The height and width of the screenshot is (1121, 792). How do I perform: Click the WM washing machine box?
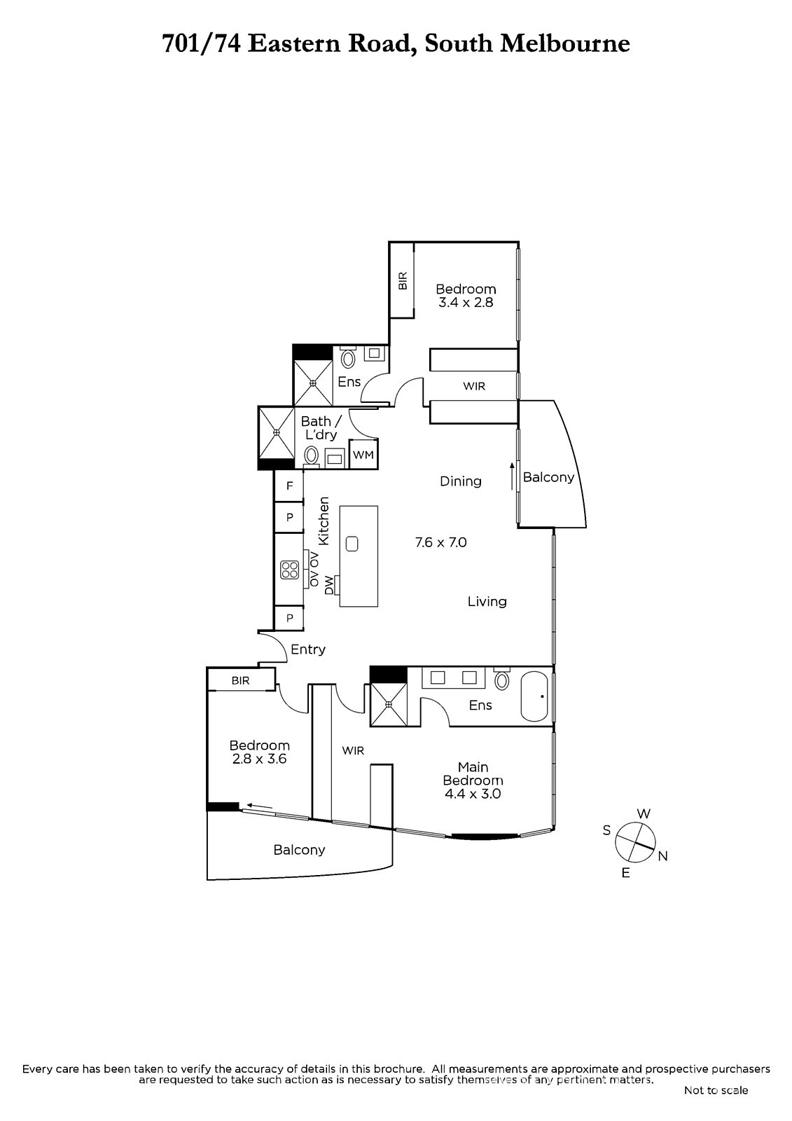(363, 454)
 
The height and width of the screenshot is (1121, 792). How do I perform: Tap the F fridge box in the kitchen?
(289, 486)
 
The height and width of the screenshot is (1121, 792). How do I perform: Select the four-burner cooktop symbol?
(290, 570)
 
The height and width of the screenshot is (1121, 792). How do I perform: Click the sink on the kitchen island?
(352, 544)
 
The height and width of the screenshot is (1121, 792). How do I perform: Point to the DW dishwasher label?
(328, 585)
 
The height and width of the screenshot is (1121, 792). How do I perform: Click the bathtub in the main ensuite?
(535, 696)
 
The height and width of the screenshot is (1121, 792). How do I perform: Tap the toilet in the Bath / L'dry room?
(311, 456)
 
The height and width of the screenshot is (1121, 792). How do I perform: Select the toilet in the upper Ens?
(348, 357)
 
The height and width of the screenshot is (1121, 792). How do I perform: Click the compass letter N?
(663, 856)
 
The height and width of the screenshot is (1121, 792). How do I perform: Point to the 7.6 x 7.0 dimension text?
(440, 542)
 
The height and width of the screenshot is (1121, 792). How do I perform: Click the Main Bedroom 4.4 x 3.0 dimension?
(473, 793)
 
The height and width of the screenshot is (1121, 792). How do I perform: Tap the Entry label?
(308, 649)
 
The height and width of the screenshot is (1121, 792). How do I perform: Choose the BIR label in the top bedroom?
(403, 281)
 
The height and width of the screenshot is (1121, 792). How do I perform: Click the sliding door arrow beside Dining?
(512, 476)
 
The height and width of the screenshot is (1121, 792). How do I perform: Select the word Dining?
(460, 481)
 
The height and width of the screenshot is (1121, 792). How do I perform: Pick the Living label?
(487, 602)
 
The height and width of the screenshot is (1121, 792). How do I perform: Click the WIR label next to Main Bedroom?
(353, 750)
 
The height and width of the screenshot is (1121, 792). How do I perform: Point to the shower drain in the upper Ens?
(313, 383)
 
